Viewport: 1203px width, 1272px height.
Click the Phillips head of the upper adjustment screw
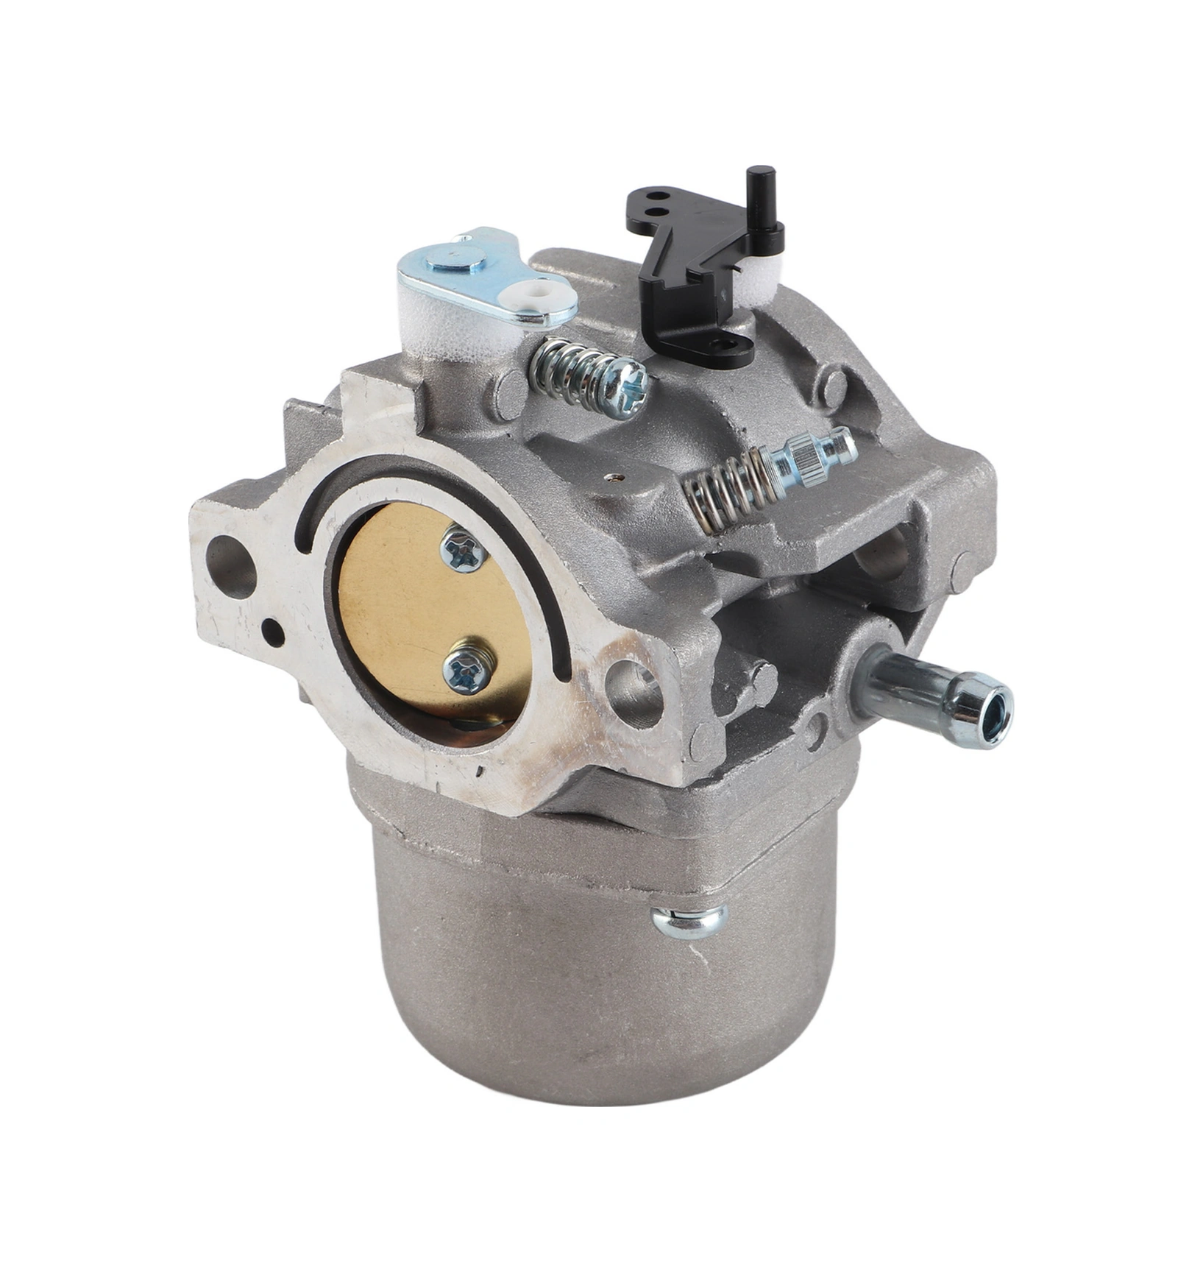point(631,384)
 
